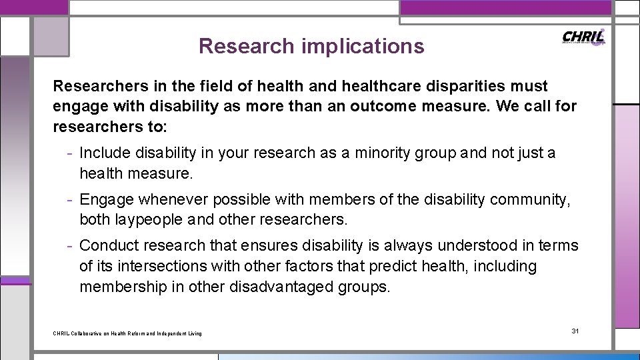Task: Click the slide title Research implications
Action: click(x=311, y=46)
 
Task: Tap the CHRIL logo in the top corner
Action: click(x=583, y=37)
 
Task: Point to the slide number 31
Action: click(x=576, y=331)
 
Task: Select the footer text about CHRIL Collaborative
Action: click(x=127, y=333)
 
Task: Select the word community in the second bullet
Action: click(x=529, y=199)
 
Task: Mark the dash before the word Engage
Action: click(x=70, y=199)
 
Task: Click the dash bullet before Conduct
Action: click(x=70, y=245)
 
